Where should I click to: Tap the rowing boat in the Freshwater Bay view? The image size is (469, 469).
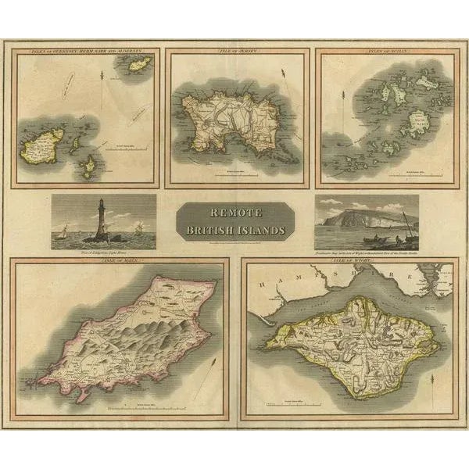[354, 238]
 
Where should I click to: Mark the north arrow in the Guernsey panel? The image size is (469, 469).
[102, 80]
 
